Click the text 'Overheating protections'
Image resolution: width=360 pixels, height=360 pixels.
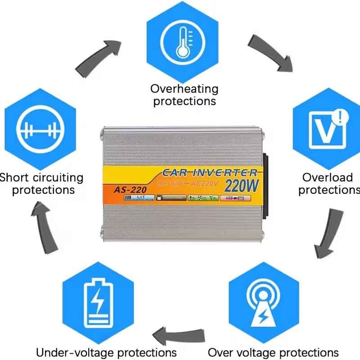(x=184, y=95)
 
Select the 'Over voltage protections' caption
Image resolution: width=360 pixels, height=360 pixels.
(x=273, y=352)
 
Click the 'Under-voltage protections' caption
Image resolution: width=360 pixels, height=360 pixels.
(x=106, y=352)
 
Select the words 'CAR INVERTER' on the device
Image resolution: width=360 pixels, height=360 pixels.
(x=209, y=172)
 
